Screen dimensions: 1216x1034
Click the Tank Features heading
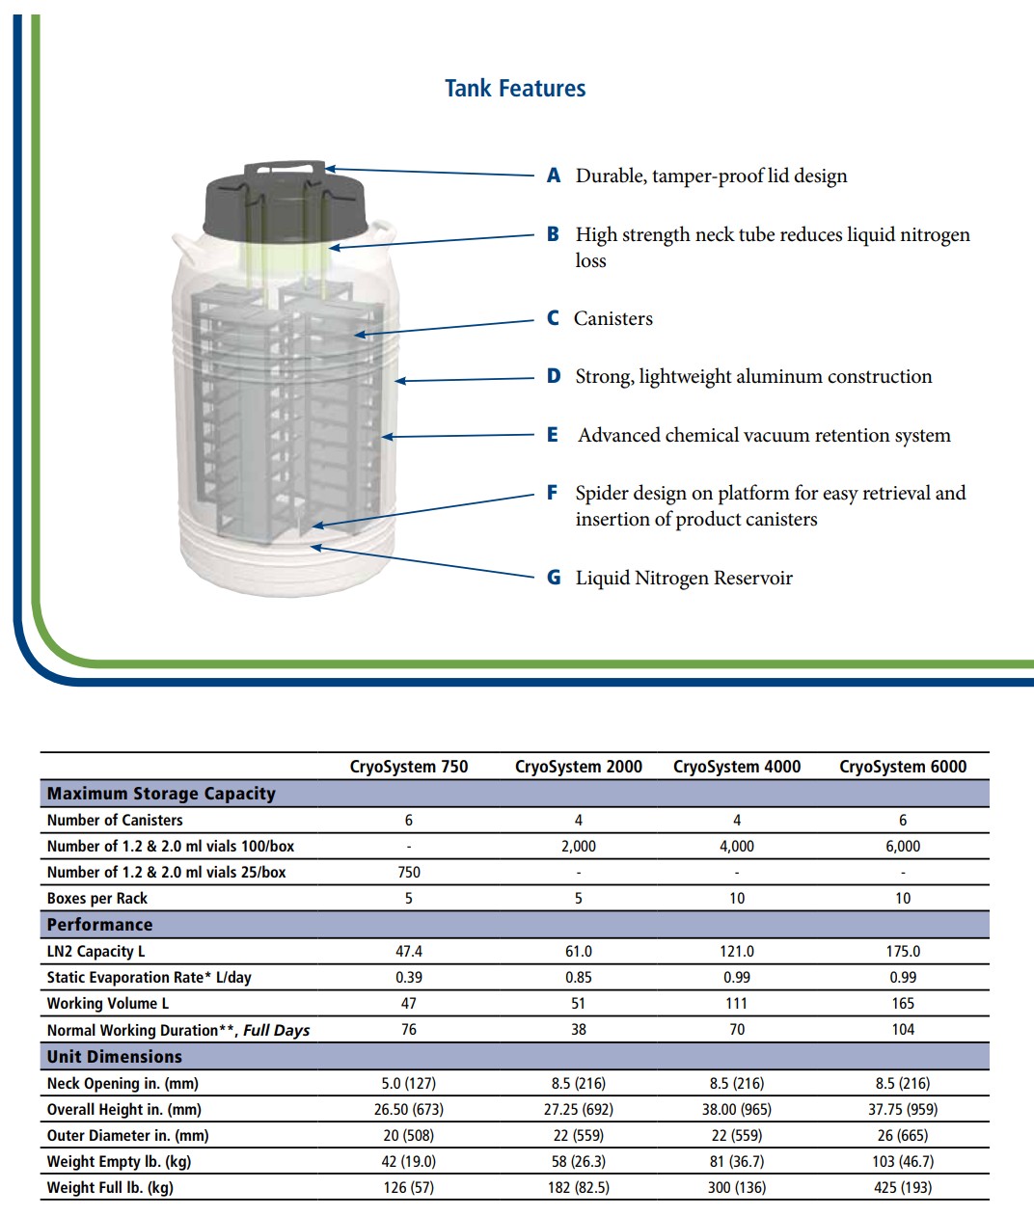pyautogui.click(x=515, y=89)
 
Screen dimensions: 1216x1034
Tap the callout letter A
pyautogui.click(x=554, y=176)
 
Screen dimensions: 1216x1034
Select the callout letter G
pyautogui.click(x=554, y=578)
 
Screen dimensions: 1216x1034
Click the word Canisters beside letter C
pyautogui.click(x=613, y=319)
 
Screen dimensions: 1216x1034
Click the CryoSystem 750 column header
pyautogui.click(x=409, y=767)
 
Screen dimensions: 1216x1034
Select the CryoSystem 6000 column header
pyautogui.click(x=903, y=767)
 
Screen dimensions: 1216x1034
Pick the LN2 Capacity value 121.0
pyautogui.click(x=737, y=951)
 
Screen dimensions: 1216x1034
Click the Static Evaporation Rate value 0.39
pyautogui.click(x=409, y=977)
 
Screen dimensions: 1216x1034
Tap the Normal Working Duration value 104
pyautogui.click(x=903, y=1030)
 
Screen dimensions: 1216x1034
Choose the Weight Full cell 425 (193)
pyautogui.click(x=903, y=1187)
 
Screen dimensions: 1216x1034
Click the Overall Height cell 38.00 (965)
pyautogui.click(x=737, y=1109)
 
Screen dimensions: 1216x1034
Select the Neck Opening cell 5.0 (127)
pyautogui.click(x=409, y=1083)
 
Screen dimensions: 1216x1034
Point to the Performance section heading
pyautogui.click(x=100, y=925)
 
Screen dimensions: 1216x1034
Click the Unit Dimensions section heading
pyautogui.click(x=115, y=1057)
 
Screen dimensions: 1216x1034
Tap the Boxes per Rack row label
pyautogui.click(x=97, y=899)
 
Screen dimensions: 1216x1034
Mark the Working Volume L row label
pyautogui.click(x=108, y=1004)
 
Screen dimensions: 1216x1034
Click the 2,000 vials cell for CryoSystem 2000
pyautogui.click(x=579, y=846)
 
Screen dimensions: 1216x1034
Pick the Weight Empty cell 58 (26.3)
pyautogui.click(x=579, y=1161)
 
